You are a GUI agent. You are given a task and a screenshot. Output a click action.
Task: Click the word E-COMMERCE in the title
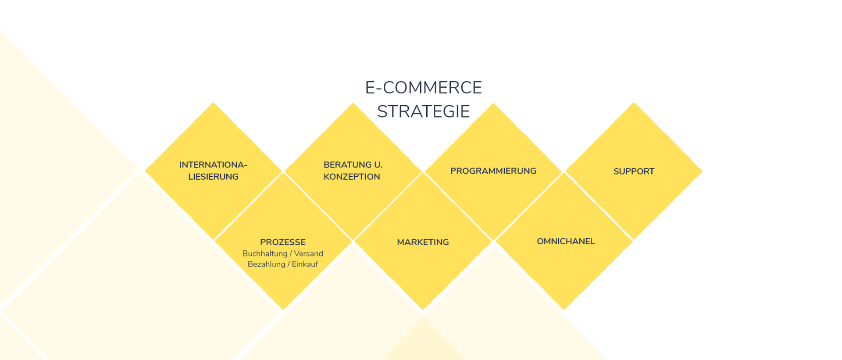click(x=423, y=88)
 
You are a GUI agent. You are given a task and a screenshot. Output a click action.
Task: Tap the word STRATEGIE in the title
click(x=423, y=111)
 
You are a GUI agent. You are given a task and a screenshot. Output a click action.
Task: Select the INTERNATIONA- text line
click(x=213, y=165)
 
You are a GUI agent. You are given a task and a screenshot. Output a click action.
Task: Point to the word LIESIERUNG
click(x=213, y=177)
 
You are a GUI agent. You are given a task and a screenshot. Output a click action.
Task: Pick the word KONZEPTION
click(x=352, y=177)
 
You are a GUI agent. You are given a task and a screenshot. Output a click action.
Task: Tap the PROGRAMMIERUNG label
click(x=493, y=171)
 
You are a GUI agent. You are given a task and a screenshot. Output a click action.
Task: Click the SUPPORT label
click(x=634, y=171)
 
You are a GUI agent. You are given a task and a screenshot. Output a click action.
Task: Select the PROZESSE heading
click(x=283, y=242)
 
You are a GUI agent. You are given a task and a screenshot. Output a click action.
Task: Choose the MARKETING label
click(x=423, y=242)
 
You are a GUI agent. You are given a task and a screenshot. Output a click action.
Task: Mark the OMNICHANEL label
click(x=566, y=241)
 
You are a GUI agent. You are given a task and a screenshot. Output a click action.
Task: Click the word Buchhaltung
click(x=265, y=253)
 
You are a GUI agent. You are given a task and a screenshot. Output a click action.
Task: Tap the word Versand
click(x=308, y=253)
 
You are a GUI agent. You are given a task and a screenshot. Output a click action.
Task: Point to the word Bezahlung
click(x=266, y=264)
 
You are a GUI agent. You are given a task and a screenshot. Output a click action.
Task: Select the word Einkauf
click(x=305, y=264)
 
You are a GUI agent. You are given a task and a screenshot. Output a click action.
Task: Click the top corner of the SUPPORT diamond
click(x=634, y=103)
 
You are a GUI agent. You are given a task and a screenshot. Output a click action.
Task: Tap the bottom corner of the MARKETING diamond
click(x=423, y=310)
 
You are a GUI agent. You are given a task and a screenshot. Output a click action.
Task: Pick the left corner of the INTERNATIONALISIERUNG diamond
click(x=144, y=171)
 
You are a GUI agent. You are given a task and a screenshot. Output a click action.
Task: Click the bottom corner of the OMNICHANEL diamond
click(x=564, y=310)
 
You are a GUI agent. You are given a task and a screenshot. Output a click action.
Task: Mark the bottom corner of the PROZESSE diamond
click(x=283, y=310)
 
